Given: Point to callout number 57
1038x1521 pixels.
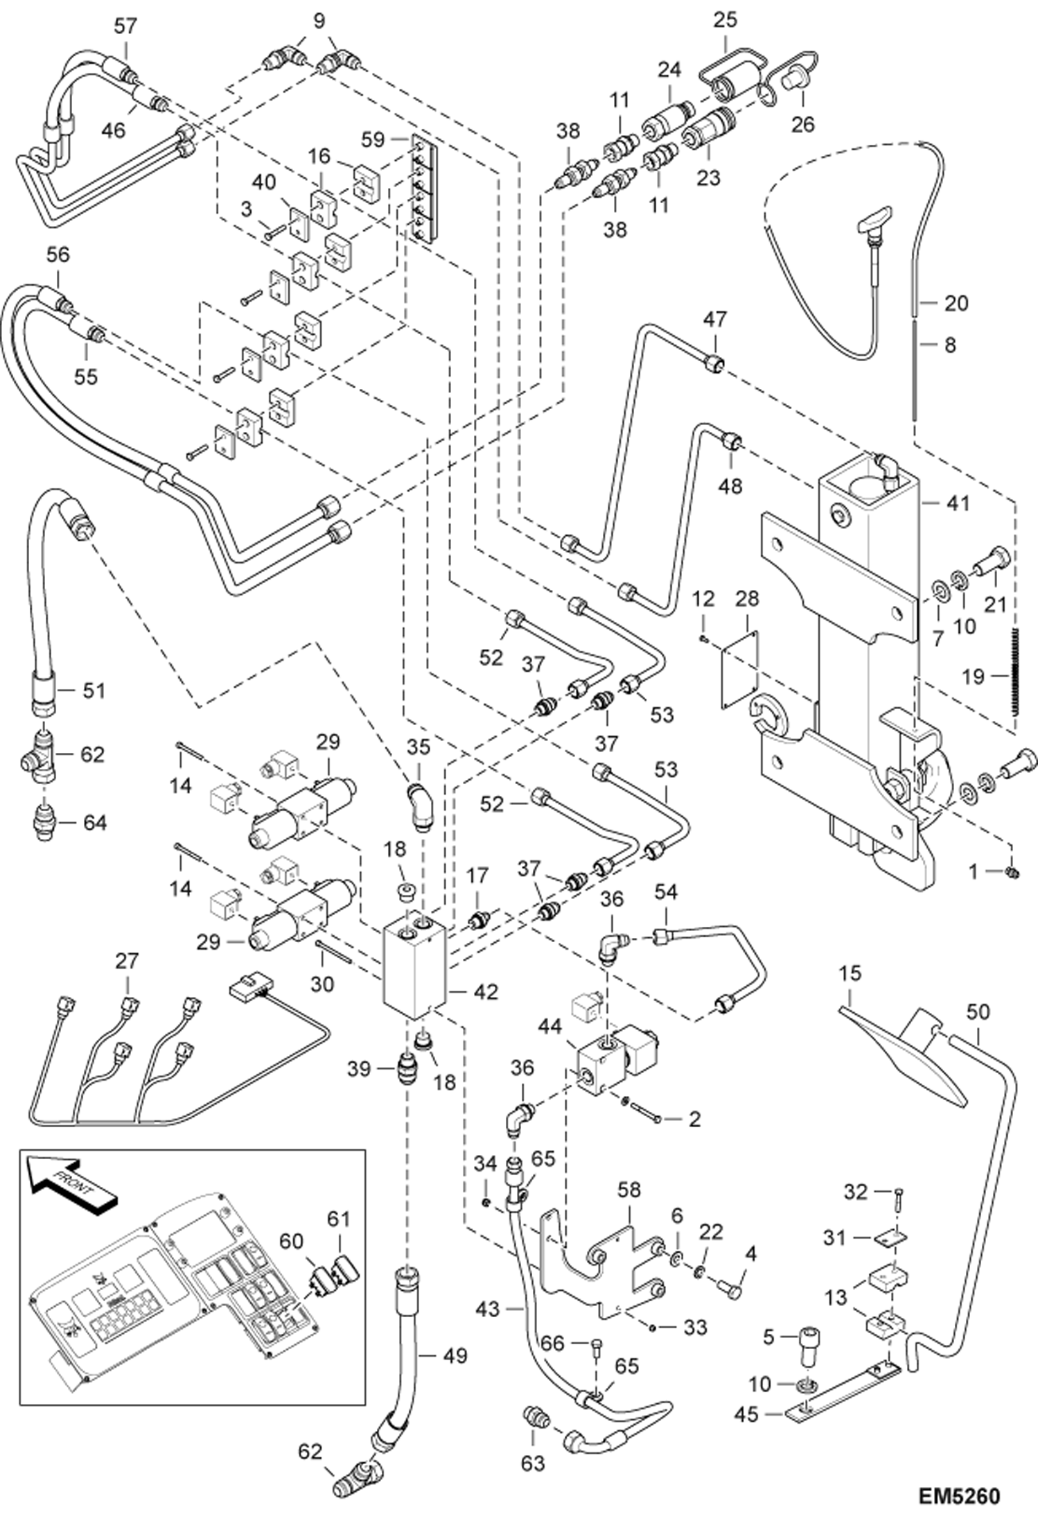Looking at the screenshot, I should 126,27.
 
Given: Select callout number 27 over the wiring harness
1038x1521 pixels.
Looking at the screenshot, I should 127,961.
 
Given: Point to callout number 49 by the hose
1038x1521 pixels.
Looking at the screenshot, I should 455,1356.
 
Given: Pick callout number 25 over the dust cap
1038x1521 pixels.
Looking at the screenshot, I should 725,19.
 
